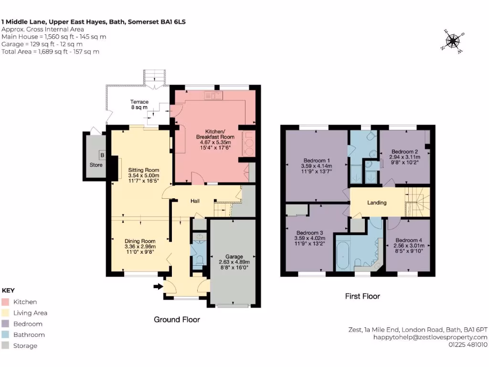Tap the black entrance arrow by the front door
point(157,287)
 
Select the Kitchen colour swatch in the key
point(6,302)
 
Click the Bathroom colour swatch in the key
point(6,335)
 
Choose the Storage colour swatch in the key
point(6,346)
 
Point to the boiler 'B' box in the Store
point(102,154)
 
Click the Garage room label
point(234,257)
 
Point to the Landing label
point(376,203)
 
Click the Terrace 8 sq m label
point(139,105)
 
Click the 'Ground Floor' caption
point(177,320)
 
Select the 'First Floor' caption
point(362,296)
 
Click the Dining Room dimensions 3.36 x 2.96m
point(140,247)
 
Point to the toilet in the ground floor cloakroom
point(200,259)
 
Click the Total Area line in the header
point(51,52)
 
